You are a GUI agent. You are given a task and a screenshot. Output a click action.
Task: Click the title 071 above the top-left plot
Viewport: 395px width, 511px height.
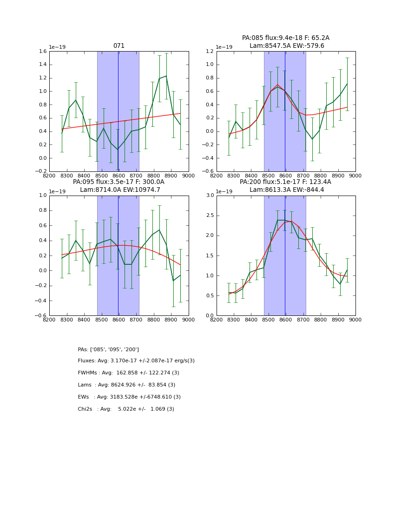point(119,46)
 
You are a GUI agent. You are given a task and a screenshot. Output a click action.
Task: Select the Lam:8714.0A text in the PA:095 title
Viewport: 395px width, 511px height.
point(99,190)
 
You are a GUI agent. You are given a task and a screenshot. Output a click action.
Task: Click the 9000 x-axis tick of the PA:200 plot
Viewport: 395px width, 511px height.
point(355,320)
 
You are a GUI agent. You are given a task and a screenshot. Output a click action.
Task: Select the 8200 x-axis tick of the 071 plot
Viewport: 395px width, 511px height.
point(49,176)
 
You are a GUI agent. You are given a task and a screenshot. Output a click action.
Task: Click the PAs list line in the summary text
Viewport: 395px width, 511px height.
point(108,350)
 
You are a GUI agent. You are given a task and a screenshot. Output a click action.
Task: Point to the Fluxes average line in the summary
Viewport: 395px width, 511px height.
point(136,361)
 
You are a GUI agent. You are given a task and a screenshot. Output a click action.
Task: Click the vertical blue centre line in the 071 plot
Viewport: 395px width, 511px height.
point(118,111)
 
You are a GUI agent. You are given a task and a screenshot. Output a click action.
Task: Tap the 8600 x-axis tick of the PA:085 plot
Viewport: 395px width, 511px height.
point(286,176)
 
